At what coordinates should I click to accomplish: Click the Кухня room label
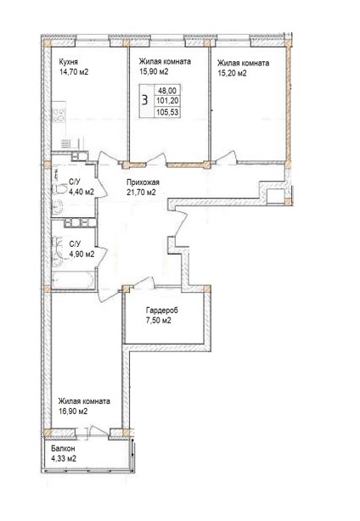pyautogui.click(x=70, y=61)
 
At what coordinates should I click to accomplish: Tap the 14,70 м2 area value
pyautogui.click(x=75, y=72)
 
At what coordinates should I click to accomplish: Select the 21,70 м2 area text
pyautogui.click(x=139, y=192)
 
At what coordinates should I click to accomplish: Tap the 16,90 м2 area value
pyautogui.click(x=74, y=412)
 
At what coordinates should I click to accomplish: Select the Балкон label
pyautogui.click(x=64, y=449)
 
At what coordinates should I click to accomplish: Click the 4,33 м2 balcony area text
pyautogui.click(x=64, y=459)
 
